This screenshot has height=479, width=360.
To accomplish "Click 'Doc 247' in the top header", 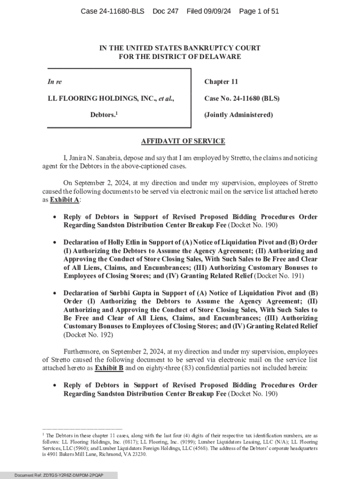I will (x=166, y=11).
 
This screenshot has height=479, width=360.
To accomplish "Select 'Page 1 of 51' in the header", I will (x=259, y=11).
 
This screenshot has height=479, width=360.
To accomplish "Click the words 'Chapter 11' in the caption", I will (x=221, y=82).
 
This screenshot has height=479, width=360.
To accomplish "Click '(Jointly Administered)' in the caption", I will (x=238, y=115).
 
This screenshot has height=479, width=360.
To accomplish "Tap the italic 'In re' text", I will (x=55, y=82).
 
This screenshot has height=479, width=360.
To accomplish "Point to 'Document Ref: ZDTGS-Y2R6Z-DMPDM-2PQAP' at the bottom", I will (x=59, y=475).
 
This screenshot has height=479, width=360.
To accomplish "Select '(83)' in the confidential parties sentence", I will (x=190, y=368).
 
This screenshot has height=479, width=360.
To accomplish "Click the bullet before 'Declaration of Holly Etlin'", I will (x=55, y=243).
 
